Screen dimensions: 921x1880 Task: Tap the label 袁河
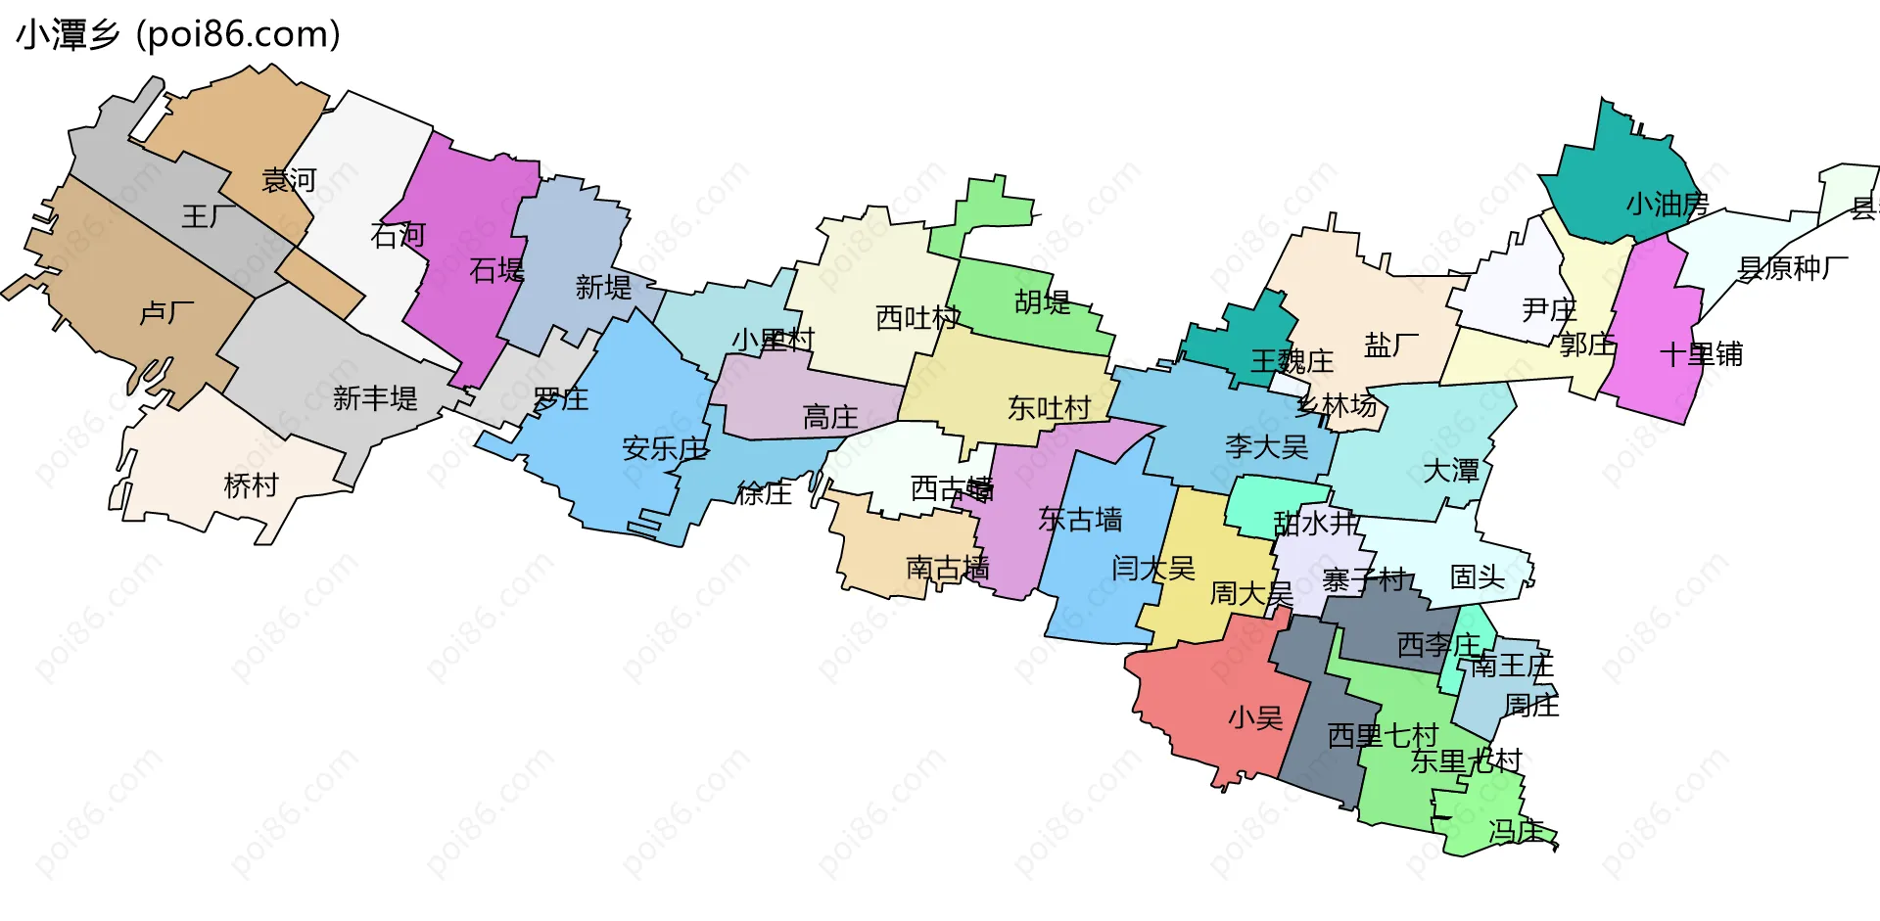click(289, 180)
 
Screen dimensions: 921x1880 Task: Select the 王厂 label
click(209, 216)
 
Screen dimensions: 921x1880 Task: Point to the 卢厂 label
click(166, 312)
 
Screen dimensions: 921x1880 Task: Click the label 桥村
click(251, 485)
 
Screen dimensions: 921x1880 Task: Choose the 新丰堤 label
click(375, 398)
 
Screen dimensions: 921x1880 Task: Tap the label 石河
click(398, 235)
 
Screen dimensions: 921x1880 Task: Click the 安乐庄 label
click(665, 449)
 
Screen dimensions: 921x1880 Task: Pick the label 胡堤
click(1042, 302)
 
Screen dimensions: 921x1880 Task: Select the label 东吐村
click(1049, 408)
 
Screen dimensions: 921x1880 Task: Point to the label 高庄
click(830, 418)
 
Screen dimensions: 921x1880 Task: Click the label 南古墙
click(947, 568)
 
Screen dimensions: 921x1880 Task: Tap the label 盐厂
click(1391, 345)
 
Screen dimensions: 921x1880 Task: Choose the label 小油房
click(1667, 205)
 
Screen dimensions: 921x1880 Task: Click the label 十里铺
click(1701, 354)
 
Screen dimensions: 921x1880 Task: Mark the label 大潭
click(1450, 471)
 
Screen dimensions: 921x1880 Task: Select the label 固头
click(1477, 576)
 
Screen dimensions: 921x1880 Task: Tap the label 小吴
click(1255, 718)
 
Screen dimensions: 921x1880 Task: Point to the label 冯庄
click(1516, 831)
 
